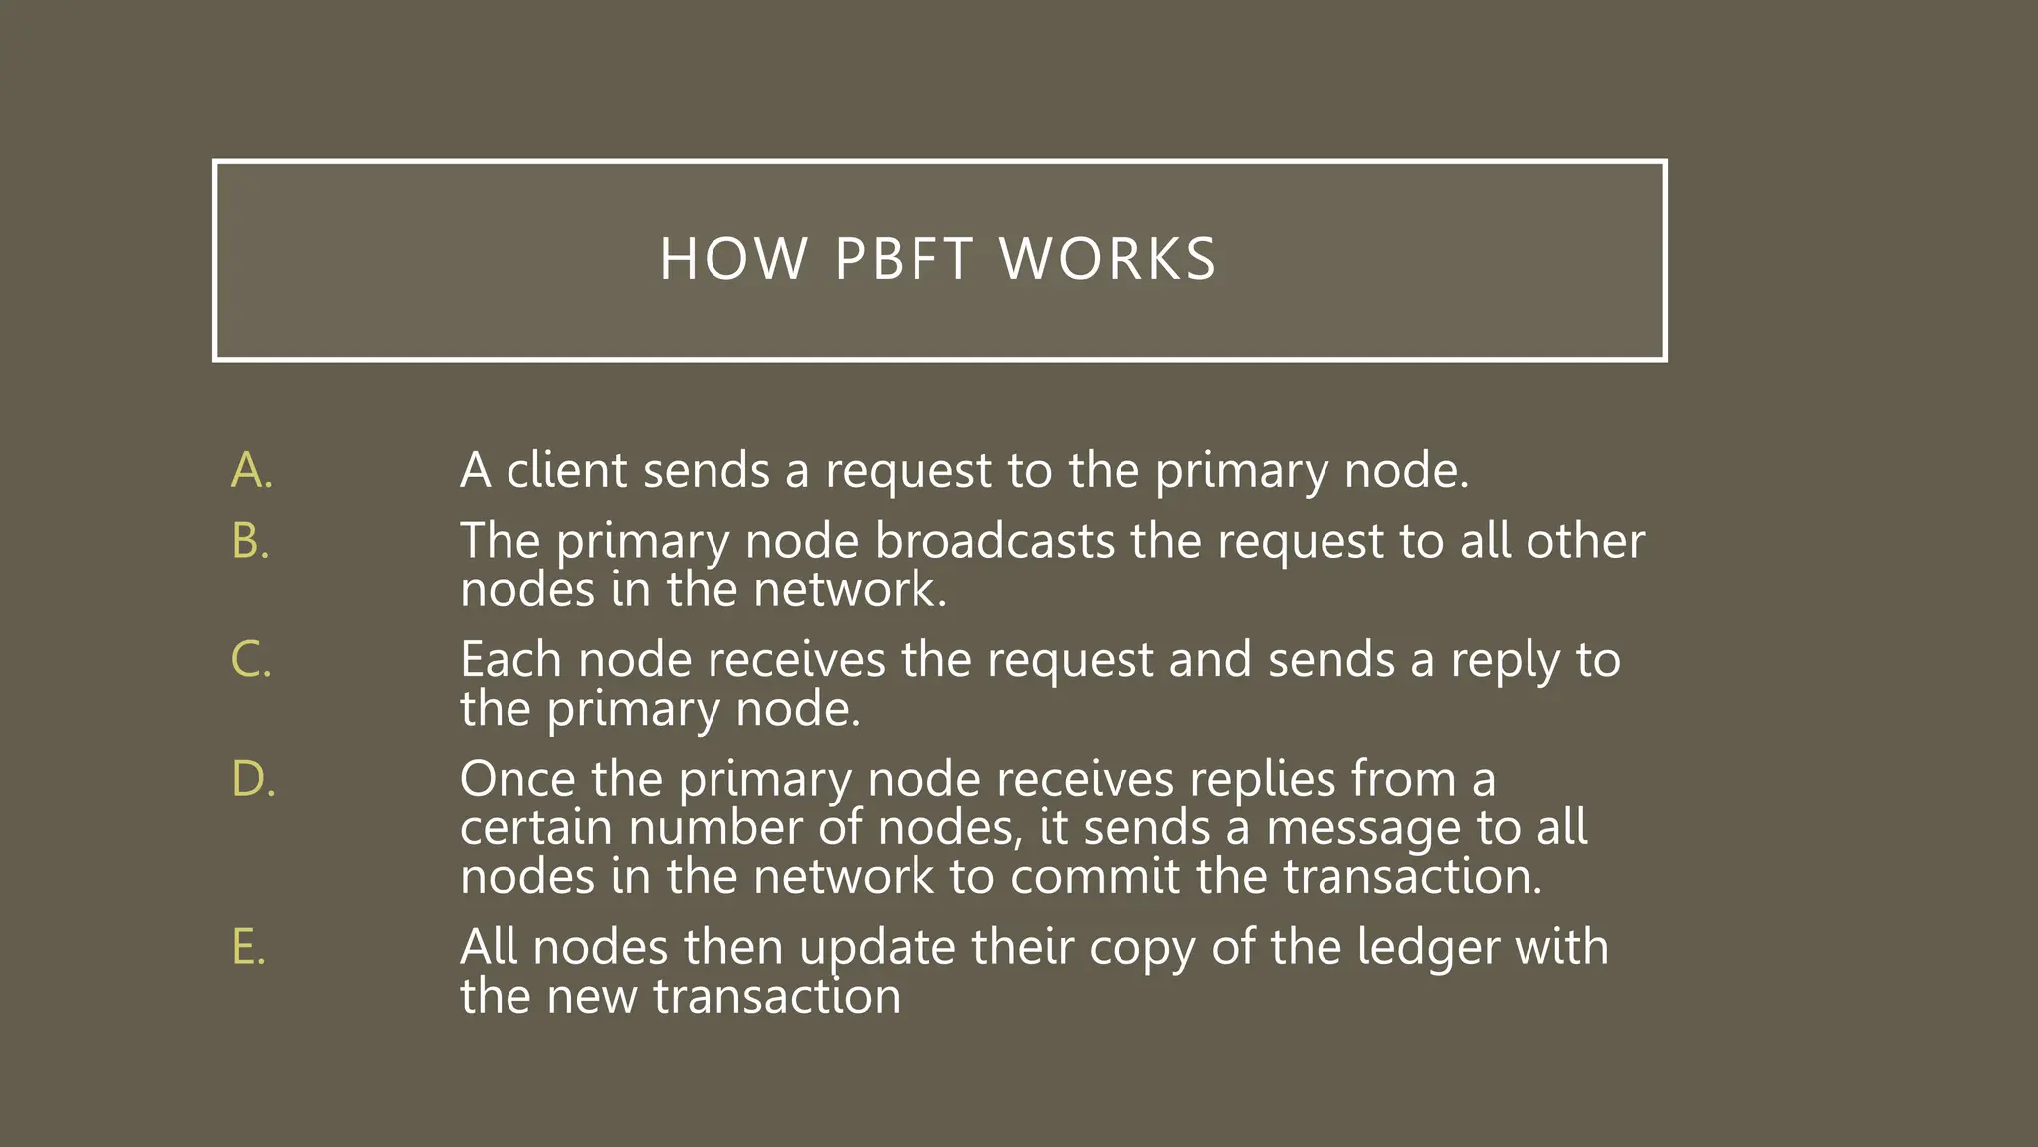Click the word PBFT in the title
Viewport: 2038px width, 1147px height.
[x=904, y=260]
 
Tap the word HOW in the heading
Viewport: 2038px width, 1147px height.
[x=733, y=260]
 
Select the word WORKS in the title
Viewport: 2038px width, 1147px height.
[x=1108, y=260]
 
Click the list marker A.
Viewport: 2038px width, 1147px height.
[x=251, y=470]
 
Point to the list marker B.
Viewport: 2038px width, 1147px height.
[x=250, y=541]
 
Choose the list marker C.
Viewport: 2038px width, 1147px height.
[x=250, y=659]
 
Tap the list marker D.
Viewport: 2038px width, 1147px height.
[x=252, y=778]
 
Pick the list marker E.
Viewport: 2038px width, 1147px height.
[x=248, y=947]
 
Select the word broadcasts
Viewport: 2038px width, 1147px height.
[x=994, y=541]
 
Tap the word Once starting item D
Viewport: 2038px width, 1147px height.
[x=517, y=778]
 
